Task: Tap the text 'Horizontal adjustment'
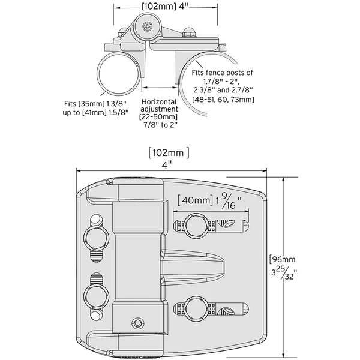(x=158, y=106)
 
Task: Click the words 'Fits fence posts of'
(x=223, y=73)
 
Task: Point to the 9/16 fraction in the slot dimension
(x=227, y=200)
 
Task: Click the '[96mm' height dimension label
(x=287, y=260)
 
